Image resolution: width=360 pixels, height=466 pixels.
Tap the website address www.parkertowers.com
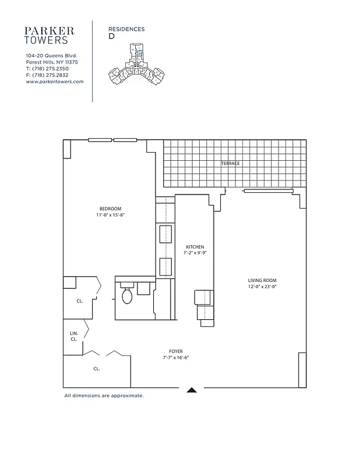55,82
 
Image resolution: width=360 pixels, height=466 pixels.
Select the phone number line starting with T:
47,69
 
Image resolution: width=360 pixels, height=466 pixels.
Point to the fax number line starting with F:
47,75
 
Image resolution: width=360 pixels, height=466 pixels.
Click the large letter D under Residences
111,36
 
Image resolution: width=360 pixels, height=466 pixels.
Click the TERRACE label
230,164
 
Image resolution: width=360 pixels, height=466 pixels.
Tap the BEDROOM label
110,209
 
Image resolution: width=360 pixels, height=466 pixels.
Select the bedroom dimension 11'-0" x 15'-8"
111,216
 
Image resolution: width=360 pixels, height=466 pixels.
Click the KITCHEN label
195,246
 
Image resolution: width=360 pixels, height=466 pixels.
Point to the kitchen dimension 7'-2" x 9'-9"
195,253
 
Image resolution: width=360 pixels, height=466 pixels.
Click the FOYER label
176,351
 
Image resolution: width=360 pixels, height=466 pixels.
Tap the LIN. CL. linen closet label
74,336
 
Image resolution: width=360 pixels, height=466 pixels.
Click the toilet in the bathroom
128,296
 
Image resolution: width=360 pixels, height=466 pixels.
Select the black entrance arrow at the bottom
192,390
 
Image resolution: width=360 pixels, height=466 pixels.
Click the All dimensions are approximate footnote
104,396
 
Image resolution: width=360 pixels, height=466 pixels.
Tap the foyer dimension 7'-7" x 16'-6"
176,358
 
